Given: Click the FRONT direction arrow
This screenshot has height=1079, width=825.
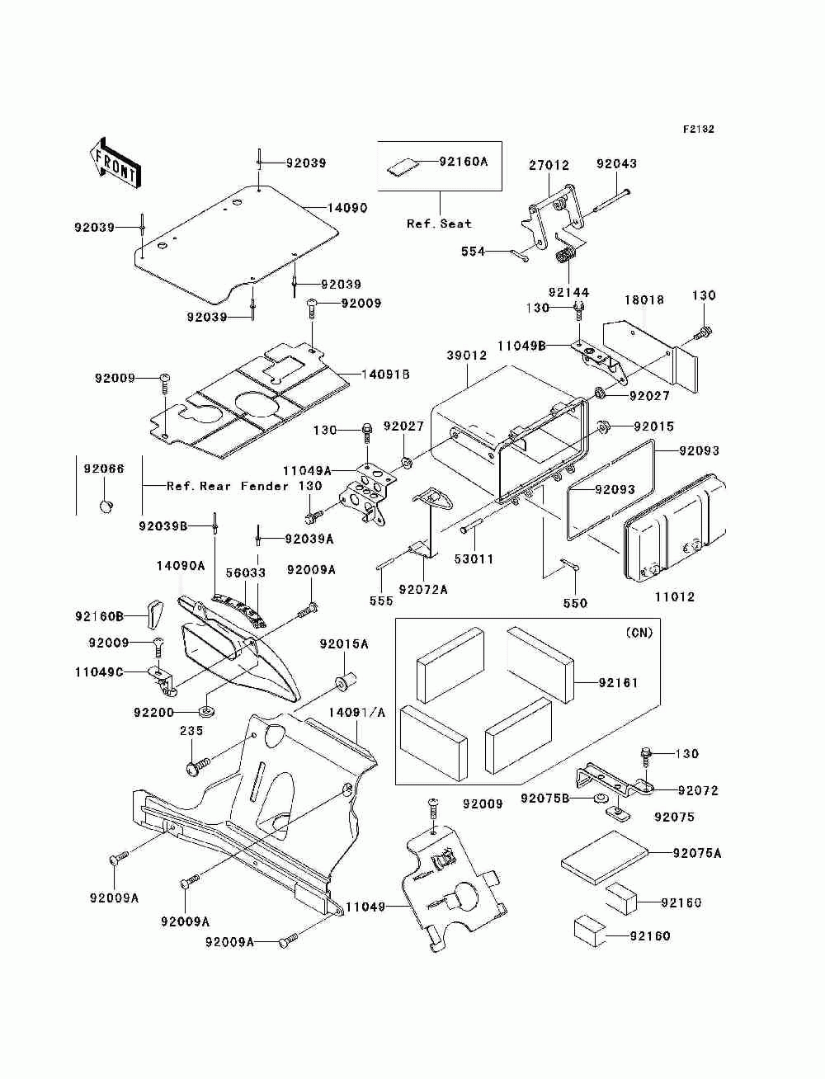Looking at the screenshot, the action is click(115, 163).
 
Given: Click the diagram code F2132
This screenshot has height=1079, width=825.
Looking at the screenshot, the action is click(698, 130).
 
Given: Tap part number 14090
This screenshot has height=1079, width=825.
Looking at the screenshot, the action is click(347, 208).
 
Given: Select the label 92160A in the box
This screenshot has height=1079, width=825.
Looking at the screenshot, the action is click(463, 162).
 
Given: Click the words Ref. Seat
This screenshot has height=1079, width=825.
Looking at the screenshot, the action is click(439, 224).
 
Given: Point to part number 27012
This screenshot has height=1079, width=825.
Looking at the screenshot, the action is click(549, 165).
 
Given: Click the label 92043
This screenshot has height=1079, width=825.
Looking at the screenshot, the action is click(616, 163).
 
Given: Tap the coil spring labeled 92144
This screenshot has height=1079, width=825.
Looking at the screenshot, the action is click(566, 256).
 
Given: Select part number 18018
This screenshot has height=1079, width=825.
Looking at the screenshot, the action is click(644, 299).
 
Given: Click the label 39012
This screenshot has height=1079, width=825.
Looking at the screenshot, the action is click(467, 355).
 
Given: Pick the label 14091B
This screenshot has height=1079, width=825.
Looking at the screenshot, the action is click(385, 375).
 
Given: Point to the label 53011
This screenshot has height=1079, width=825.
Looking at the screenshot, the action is click(474, 559).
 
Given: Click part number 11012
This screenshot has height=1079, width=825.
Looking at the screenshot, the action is click(675, 596).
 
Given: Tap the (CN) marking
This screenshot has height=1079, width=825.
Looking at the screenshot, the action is click(639, 633).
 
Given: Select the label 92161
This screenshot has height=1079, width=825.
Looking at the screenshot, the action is click(618, 683).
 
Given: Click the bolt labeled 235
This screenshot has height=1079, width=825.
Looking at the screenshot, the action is click(197, 767).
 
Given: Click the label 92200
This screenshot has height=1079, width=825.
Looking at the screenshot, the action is click(153, 712).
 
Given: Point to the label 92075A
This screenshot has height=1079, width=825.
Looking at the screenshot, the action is click(696, 854).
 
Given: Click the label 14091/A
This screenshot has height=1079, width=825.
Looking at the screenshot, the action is click(357, 712).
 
